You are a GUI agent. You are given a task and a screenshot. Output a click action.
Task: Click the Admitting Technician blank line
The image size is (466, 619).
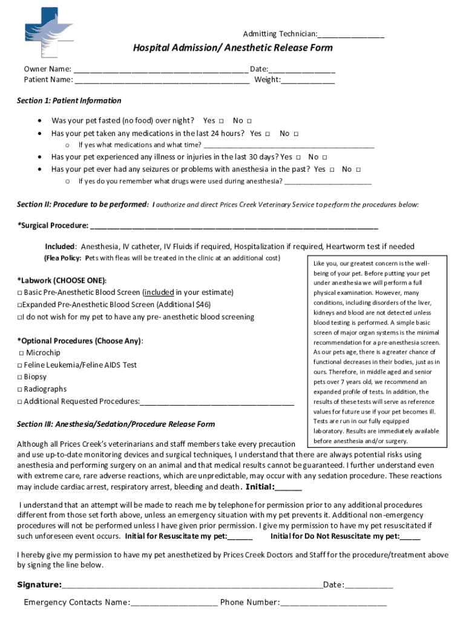coord(350,34)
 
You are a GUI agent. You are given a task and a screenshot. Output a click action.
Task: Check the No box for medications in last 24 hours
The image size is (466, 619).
coord(296,134)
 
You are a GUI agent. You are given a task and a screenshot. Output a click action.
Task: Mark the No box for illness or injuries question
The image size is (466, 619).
coord(324,157)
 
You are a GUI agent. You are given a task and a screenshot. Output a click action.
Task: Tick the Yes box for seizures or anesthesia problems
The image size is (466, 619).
coord(332,170)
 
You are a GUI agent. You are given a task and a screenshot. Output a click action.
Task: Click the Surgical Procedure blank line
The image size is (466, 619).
coord(233,227)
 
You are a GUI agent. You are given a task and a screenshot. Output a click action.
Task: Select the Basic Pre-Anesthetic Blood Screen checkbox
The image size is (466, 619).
coord(20,293)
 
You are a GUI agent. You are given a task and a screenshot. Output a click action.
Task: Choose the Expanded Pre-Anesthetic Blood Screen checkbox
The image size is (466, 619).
coord(20,305)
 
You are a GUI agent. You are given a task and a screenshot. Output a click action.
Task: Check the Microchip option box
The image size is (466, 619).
coord(21,353)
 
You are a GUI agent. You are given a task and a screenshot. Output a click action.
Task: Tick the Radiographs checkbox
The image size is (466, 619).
coord(20,389)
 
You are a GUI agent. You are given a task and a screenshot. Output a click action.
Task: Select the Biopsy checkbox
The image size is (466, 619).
coord(20,377)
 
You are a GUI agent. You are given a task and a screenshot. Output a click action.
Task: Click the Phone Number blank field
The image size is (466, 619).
coord(333,603)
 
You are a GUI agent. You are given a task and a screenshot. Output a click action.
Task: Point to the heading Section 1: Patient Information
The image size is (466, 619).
coord(69,101)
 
